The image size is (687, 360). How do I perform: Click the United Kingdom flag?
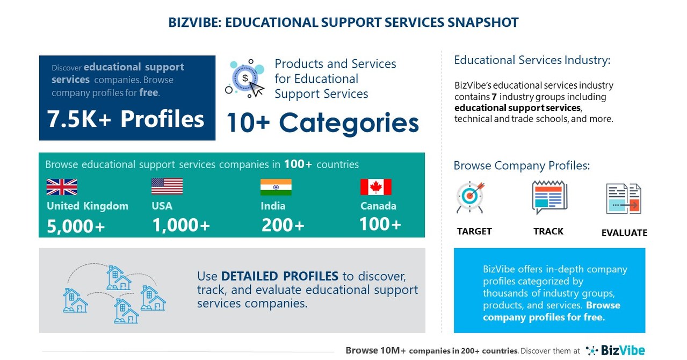pos(62,187)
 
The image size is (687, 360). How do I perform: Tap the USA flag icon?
pos(167,186)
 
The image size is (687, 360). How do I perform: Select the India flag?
pos(276,187)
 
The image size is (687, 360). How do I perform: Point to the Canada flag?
pos(375,187)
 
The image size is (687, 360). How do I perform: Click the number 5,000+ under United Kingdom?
pos(76,226)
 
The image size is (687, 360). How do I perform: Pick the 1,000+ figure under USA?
pos(180,225)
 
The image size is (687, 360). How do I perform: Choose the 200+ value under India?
pos(283,225)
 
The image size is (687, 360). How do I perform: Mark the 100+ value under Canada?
pos(380,224)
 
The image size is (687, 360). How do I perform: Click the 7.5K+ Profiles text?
pos(126,119)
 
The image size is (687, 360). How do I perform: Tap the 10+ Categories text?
pos(322,123)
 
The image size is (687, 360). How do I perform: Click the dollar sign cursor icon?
pos(247,80)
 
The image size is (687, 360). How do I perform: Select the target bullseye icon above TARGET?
pos(470,197)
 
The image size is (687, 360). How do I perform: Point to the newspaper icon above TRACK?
pos(549,197)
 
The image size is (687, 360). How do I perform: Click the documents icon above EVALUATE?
pos(624,199)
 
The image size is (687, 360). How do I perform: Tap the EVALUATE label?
pos(624,233)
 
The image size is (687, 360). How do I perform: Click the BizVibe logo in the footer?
pos(616,350)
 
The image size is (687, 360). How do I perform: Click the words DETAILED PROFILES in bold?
pos(279,276)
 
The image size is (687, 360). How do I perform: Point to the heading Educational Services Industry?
pos(532,60)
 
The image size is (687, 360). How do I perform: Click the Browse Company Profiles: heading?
pos(522,165)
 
